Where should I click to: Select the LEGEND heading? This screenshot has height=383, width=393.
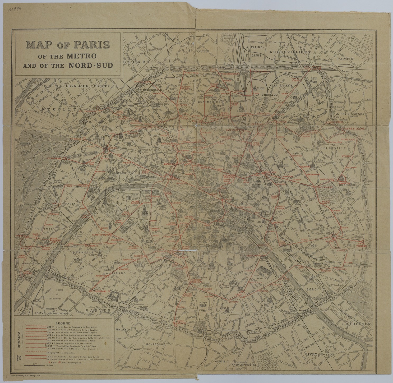(63, 323)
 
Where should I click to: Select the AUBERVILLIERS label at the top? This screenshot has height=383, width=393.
(289, 52)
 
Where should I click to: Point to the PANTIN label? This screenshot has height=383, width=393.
(345, 59)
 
